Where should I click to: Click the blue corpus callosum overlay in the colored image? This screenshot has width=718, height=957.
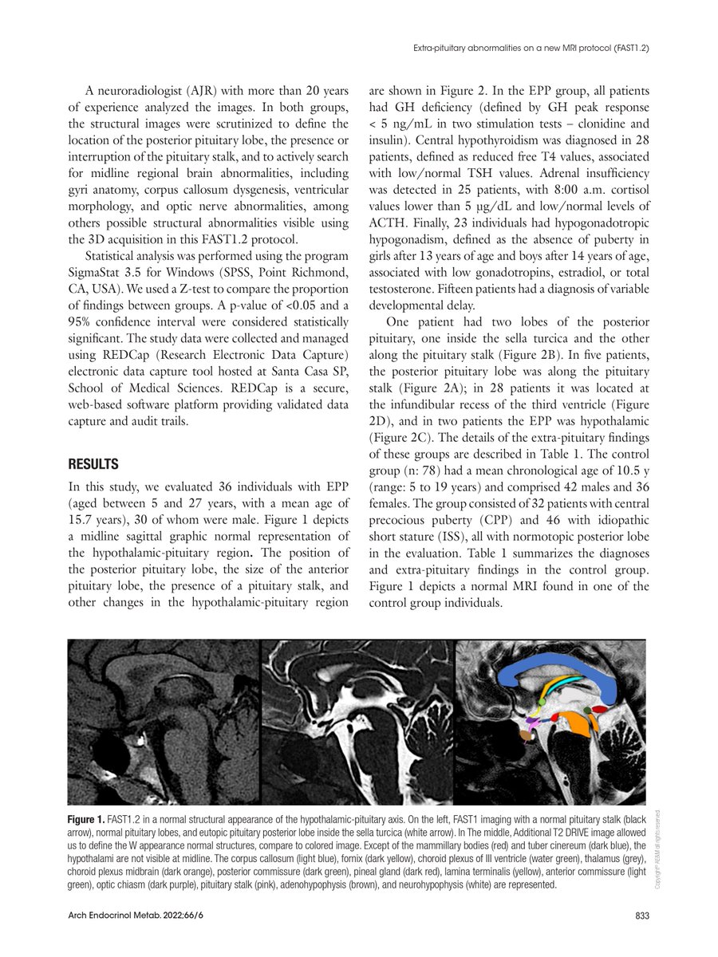(x=558, y=670)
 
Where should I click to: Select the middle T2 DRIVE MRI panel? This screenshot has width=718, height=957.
(x=357, y=722)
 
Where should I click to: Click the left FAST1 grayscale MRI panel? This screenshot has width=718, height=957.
(x=164, y=722)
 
